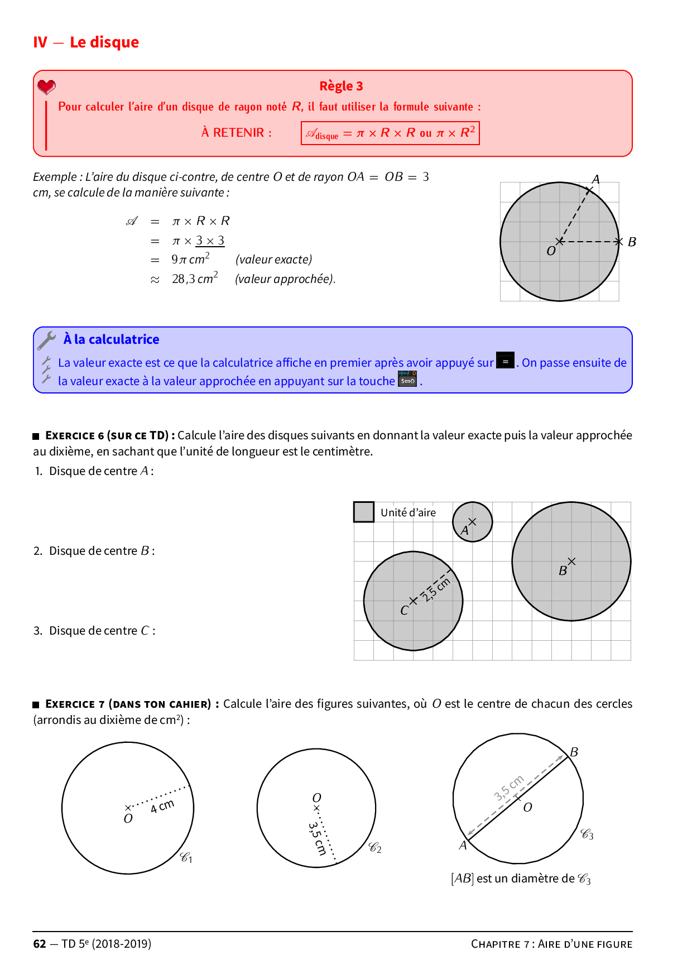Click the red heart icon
(46, 87)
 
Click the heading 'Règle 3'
(341, 86)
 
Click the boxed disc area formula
(390, 133)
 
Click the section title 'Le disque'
(104, 42)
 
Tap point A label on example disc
(596, 179)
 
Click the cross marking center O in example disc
(560, 242)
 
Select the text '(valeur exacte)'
(273, 260)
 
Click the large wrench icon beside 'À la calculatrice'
(47, 340)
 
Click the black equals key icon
(505, 361)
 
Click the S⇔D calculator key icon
(407, 379)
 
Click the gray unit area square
(364, 512)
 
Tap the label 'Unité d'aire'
(408, 512)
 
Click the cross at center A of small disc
(472, 521)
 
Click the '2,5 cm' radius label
(436, 589)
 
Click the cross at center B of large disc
(571, 562)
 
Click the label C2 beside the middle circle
(375, 848)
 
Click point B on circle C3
(573, 752)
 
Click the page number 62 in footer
(40, 944)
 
